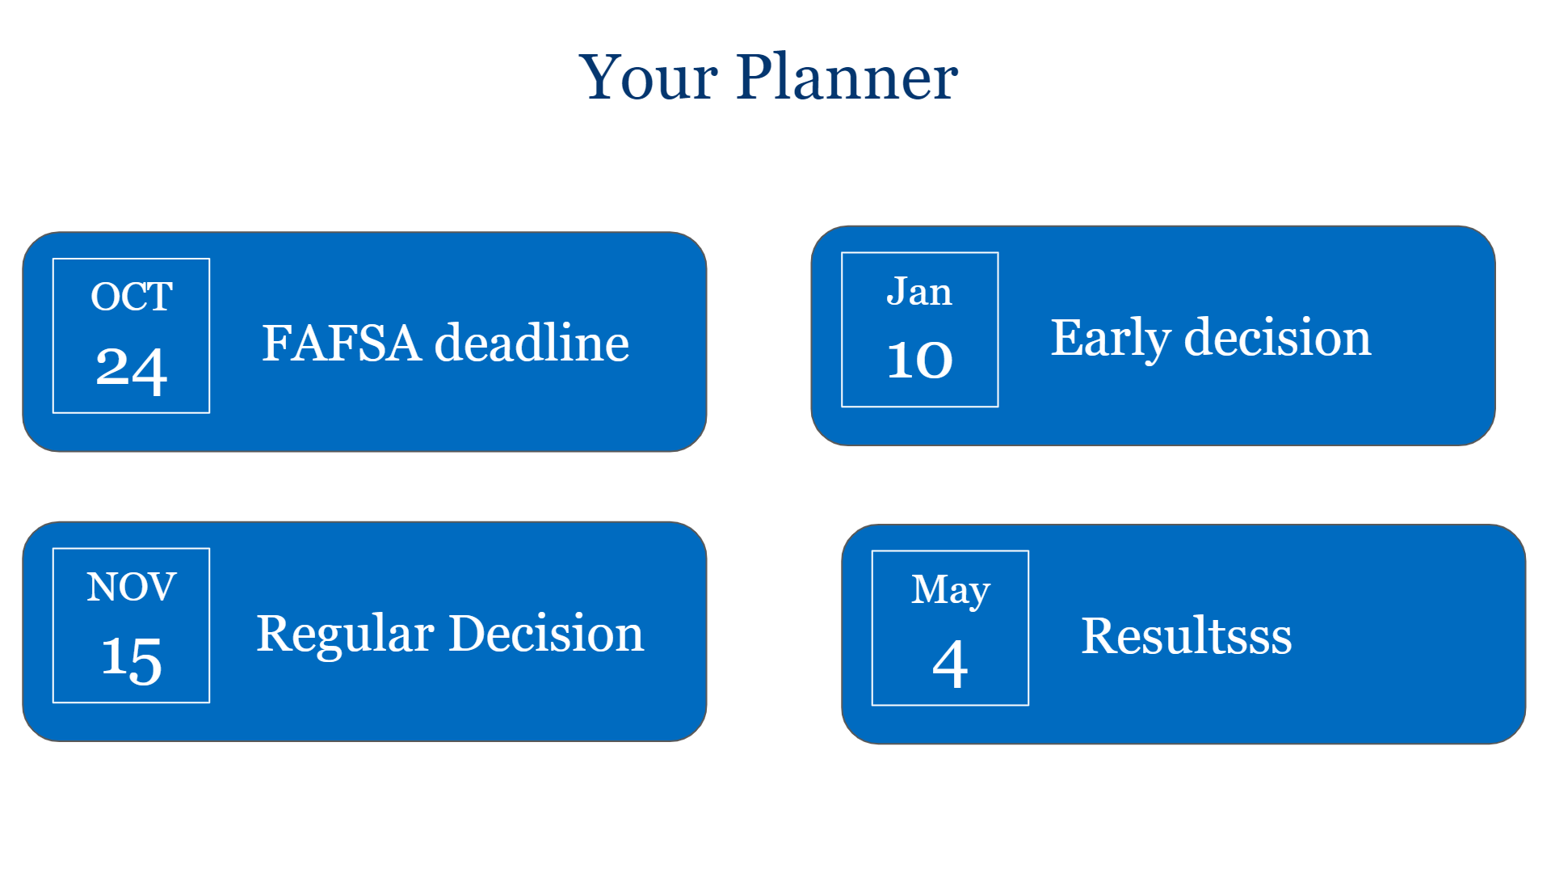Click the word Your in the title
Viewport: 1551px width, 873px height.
pos(648,77)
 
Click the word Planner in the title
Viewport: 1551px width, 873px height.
pos(847,77)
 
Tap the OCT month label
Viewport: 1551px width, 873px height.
pos(132,297)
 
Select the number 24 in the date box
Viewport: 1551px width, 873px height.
pos(132,370)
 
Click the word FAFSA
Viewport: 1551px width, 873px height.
pos(341,343)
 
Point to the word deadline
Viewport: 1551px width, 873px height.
pos(532,342)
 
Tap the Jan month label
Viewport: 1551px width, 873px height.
pos(919,291)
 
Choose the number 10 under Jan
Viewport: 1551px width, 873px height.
pos(920,360)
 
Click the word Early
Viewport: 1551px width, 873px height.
pos(1110,339)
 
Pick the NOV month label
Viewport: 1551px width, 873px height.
pos(132,587)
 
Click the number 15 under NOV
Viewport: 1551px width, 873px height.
pos(132,660)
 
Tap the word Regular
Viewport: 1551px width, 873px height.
pos(345,635)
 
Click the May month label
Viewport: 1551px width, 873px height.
pos(951,590)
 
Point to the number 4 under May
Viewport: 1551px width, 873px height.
pos(950,664)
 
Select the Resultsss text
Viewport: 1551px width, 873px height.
pos(1187,635)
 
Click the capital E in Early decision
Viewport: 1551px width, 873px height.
pos(1067,337)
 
